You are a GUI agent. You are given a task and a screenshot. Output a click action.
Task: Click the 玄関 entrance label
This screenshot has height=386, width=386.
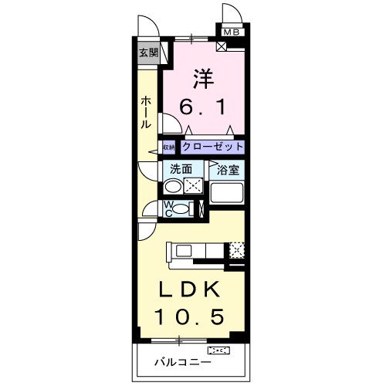click(x=148, y=53)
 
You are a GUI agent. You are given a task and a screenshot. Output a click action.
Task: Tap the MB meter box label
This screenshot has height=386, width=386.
click(x=232, y=32)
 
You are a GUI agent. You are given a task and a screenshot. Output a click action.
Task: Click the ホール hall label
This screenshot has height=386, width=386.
click(x=145, y=113)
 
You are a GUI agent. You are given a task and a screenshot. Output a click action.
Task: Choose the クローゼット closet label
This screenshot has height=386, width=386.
click(x=213, y=147)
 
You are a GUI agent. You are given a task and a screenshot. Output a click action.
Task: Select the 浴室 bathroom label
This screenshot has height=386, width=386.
click(x=228, y=168)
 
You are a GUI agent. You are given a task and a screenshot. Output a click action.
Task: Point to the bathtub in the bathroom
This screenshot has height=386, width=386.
click(x=228, y=193)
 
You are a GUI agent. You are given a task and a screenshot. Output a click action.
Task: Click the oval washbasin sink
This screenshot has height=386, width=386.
click(x=174, y=186)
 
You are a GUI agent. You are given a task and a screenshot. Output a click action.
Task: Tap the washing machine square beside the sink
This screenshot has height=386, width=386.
click(x=194, y=186)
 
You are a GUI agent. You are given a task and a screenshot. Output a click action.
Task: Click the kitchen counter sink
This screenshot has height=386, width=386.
click(x=185, y=250)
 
